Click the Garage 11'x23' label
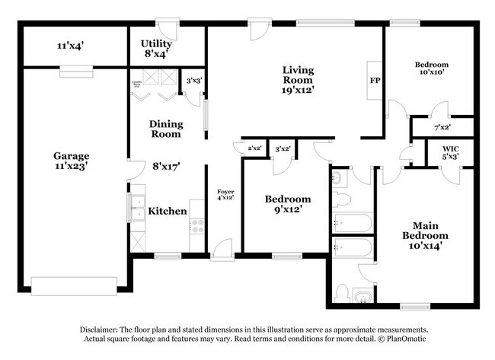[71, 161]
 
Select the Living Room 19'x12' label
[299, 79]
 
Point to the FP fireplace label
[375, 80]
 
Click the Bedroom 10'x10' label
[431, 69]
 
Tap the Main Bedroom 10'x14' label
[425, 235]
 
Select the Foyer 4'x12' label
[225, 194]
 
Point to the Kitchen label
[168, 211]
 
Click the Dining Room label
[165, 128]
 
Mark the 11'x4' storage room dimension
[70, 46]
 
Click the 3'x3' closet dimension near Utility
[194, 80]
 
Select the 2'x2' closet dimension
[254, 148]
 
